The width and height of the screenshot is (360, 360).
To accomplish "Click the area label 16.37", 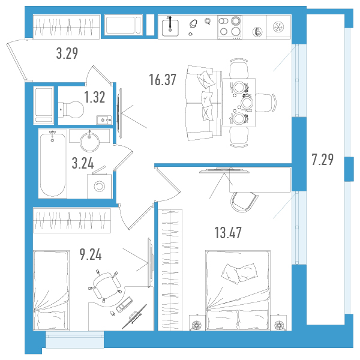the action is click(x=163, y=79).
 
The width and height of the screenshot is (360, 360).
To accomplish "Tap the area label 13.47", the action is click(x=228, y=232).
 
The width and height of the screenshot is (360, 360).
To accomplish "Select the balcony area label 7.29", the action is click(x=323, y=160).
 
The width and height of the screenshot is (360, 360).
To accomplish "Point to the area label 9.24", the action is click(x=91, y=254).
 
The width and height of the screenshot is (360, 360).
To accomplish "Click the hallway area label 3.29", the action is click(x=67, y=53).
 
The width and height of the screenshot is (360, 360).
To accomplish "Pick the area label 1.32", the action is click(x=95, y=97).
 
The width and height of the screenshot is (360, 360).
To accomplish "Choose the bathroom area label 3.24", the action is click(x=83, y=163).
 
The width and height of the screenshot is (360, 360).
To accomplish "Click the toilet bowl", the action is click(x=71, y=110).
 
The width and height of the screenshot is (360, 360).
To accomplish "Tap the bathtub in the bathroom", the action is click(x=53, y=164).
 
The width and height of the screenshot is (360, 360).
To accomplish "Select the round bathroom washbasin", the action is click(x=89, y=142).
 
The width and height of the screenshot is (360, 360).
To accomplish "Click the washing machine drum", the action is click(x=100, y=186).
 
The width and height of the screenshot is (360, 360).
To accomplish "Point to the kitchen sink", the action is click(x=170, y=28).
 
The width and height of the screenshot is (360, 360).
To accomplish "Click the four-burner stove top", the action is click(x=230, y=27).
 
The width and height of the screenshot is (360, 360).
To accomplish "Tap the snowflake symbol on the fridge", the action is click(x=278, y=27).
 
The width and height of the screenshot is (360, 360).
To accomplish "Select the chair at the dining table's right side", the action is click(x=266, y=103).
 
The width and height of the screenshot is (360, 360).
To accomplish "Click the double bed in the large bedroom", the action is click(x=238, y=290).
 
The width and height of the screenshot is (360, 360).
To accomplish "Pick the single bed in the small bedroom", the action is click(x=51, y=290).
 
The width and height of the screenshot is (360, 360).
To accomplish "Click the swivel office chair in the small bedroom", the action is click(x=106, y=286).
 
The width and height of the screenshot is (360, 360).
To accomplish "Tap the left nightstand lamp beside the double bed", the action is click(x=197, y=325).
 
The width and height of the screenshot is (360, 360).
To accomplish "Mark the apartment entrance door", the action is click(x=17, y=61).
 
